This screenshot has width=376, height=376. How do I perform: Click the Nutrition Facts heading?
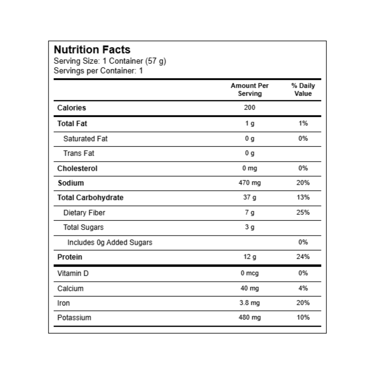pyautogui.click(x=92, y=50)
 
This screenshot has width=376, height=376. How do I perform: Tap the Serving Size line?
pyautogui.click(x=110, y=61)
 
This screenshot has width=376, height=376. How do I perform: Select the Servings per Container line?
pyautogui.click(x=98, y=70)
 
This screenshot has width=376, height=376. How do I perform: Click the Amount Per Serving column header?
pyautogui.click(x=249, y=90)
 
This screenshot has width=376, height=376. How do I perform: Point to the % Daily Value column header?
pyautogui.click(x=303, y=90)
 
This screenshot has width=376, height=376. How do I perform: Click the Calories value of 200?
pyautogui.click(x=249, y=107)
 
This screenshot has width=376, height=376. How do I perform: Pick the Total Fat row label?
pyautogui.click(x=72, y=123)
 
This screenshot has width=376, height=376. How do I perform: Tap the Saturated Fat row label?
pyautogui.click(x=85, y=138)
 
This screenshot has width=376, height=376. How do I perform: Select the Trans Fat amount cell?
pyautogui.click(x=249, y=153)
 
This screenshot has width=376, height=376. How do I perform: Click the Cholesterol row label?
pyautogui.click(x=77, y=168)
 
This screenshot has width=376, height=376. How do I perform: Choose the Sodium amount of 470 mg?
pyautogui.click(x=249, y=183)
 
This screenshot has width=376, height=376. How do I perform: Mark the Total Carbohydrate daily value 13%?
pyautogui.click(x=303, y=197)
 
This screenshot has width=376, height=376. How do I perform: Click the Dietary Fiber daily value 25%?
pyautogui.click(x=303, y=212)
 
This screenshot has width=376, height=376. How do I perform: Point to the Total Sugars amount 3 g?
pyautogui.click(x=249, y=227)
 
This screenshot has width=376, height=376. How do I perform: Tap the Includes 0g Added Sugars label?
pyautogui.click(x=110, y=242)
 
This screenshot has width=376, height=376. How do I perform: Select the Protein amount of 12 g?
pyautogui.click(x=249, y=257)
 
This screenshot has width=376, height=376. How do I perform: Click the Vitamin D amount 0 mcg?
pyautogui.click(x=249, y=273)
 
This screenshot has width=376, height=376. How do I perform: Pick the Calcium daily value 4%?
pyautogui.click(x=303, y=288)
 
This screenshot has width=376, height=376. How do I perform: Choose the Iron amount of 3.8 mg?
pyautogui.click(x=249, y=303)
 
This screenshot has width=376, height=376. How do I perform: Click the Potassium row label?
pyautogui.click(x=74, y=317)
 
